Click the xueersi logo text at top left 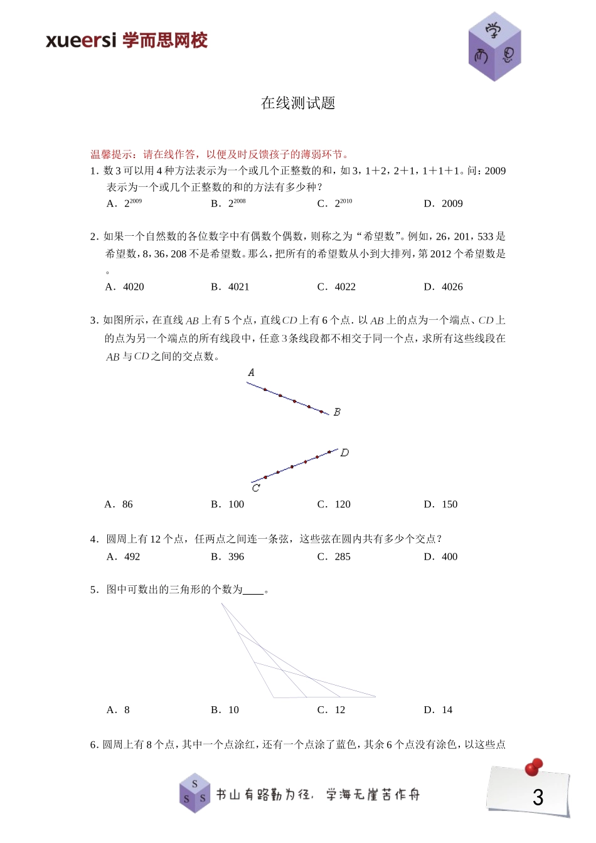[x=125, y=41]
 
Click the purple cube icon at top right [x=494, y=47]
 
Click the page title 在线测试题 [x=298, y=103]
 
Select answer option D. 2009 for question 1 [x=444, y=203]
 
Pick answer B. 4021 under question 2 [x=230, y=287]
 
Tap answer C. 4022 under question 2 [x=337, y=287]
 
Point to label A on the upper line [x=251, y=373]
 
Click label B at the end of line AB [x=337, y=412]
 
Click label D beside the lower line [x=344, y=452]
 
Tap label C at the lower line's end [x=255, y=488]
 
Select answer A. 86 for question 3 [x=119, y=504]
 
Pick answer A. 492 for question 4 [x=124, y=556]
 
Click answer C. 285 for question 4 [x=334, y=556]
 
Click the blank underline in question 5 [x=253, y=590]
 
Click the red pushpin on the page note [x=534, y=766]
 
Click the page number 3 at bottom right [x=538, y=797]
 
